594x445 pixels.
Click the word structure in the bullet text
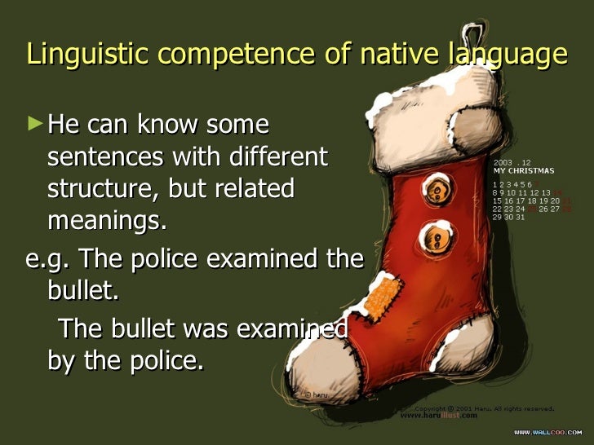102,188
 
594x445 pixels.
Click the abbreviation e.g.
49,260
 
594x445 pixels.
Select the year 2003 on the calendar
503,163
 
